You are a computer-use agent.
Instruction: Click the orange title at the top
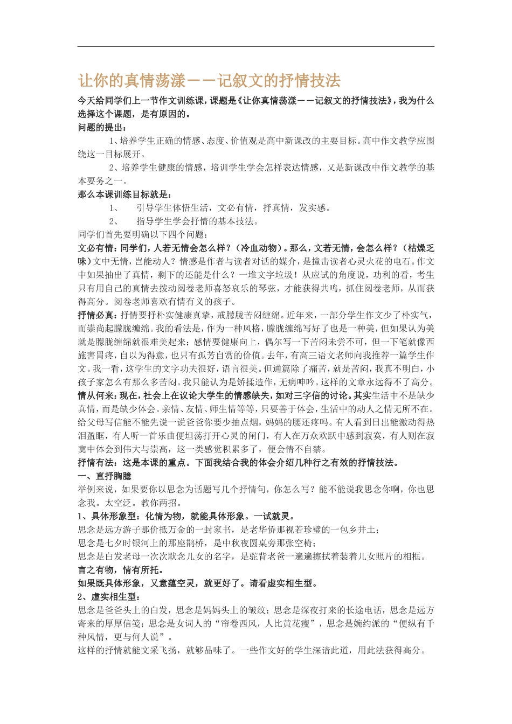(x=209, y=81)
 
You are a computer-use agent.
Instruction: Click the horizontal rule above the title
(x=255, y=46)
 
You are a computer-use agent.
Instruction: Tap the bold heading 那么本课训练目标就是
(x=124, y=194)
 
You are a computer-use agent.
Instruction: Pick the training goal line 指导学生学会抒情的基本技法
(x=197, y=221)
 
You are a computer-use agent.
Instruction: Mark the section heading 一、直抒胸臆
(x=105, y=476)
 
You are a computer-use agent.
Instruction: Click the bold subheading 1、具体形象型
(x=108, y=516)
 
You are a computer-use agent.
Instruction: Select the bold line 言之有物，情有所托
(x=121, y=570)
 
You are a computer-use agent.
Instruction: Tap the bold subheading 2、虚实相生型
(x=108, y=597)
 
